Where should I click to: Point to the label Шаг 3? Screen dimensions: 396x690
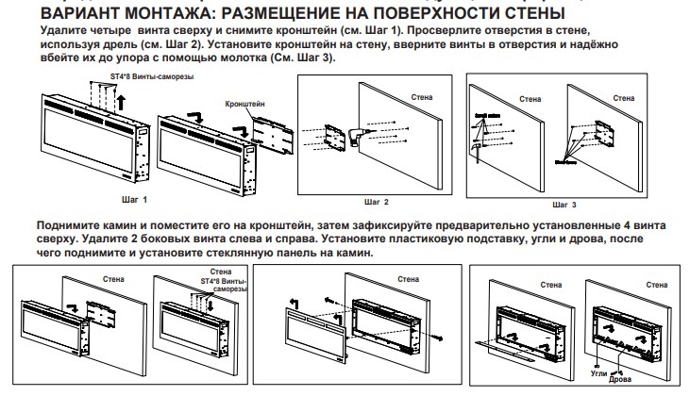click(563, 203)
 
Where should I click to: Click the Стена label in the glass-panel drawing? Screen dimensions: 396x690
click(407, 278)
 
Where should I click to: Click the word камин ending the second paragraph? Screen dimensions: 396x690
click(355, 253)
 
